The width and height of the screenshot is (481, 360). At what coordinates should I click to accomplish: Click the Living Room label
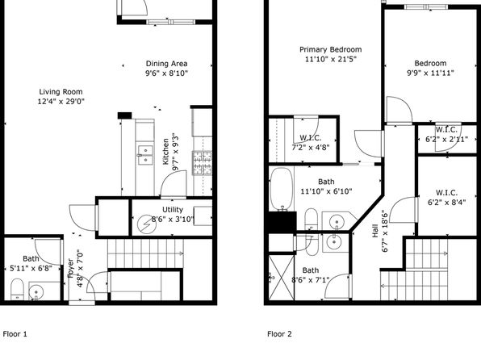tap(61, 92)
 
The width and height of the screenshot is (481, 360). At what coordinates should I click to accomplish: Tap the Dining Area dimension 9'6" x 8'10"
tap(166, 73)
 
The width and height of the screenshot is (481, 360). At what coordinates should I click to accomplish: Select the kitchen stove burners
tap(202, 163)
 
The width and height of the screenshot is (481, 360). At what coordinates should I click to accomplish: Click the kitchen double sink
tap(145, 155)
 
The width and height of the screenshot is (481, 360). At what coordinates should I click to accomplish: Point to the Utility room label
tap(173, 210)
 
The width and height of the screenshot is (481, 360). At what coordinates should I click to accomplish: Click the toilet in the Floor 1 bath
tap(17, 289)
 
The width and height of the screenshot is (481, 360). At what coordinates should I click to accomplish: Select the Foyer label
tap(71, 269)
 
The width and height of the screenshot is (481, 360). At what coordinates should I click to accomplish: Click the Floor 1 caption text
tap(15, 334)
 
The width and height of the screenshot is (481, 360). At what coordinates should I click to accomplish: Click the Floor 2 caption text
tap(279, 334)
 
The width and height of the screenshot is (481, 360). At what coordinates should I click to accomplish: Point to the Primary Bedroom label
tap(330, 49)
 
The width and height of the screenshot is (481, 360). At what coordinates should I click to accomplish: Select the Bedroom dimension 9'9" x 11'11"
tap(430, 73)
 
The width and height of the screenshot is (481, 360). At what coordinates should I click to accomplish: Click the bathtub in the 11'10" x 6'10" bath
tap(282, 189)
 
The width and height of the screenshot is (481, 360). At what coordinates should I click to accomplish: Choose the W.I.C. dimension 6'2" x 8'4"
tap(446, 203)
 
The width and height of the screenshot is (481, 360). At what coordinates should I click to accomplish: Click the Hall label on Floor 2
tap(374, 231)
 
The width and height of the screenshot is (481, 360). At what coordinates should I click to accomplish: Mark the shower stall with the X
tap(282, 277)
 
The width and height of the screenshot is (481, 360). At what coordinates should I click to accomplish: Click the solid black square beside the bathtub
tap(282, 222)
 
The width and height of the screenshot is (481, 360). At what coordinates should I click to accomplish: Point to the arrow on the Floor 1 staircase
tap(181, 253)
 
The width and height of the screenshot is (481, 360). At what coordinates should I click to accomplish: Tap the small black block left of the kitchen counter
tap(125, 115)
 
